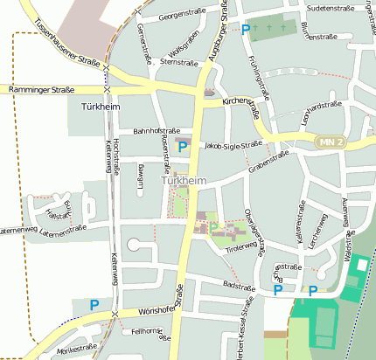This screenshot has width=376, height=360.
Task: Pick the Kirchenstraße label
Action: tap(241, 107)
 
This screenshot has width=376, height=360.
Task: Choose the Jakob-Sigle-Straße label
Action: tap(233, 145)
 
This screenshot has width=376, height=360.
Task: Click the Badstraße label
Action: tap(239, 285)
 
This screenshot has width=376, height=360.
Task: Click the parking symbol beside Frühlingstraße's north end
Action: tap(246, 30)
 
